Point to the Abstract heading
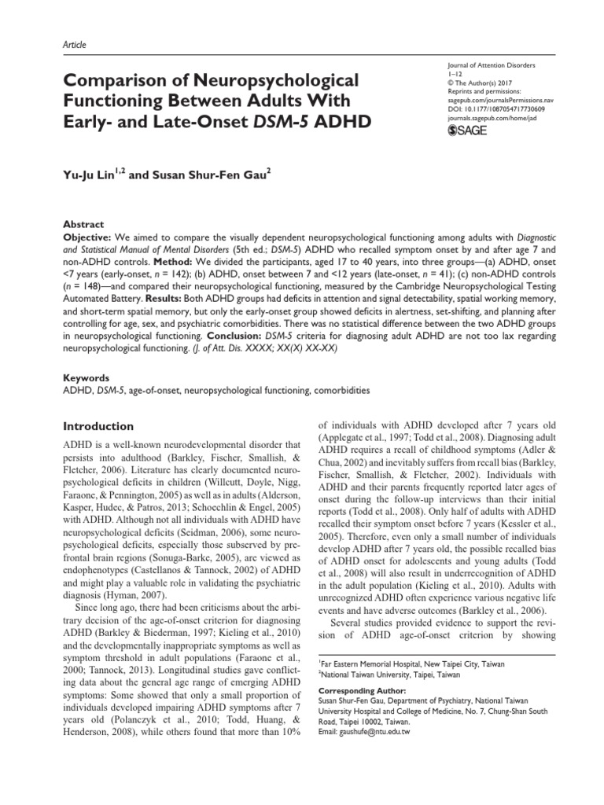[82, 224]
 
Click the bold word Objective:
[87, 237]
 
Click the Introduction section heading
[98, 427]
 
